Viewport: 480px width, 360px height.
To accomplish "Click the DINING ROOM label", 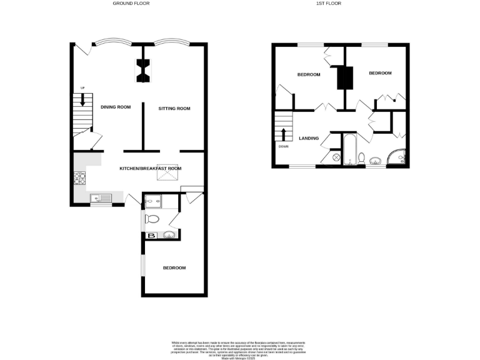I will tap(116, 107).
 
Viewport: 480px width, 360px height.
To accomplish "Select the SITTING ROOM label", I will tap(174, 109).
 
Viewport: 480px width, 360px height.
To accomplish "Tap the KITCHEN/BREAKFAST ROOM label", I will tap(151, 168).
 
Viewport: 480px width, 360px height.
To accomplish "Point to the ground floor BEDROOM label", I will tap(174, 268).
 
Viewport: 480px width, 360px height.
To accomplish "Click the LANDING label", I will tap(309, 138).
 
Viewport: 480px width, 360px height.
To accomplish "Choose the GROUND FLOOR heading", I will tap(131, 4).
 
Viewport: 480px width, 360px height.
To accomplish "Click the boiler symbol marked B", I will tap(151, 236).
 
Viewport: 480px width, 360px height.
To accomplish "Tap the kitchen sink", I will tap(101, 199).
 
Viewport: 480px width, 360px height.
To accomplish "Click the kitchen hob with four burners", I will tap(81, 179).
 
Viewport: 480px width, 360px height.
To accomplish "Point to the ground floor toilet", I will tap(153, 219).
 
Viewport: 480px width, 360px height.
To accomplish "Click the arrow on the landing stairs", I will tap(284, 134).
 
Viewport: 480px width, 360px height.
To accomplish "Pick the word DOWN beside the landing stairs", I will tap(284, 147).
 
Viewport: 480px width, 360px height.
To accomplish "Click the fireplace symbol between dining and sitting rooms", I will tap(143, 70).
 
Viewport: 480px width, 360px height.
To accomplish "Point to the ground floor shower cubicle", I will tap(152, 201).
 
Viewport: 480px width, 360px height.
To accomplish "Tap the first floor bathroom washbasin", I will tap(376, 161).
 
